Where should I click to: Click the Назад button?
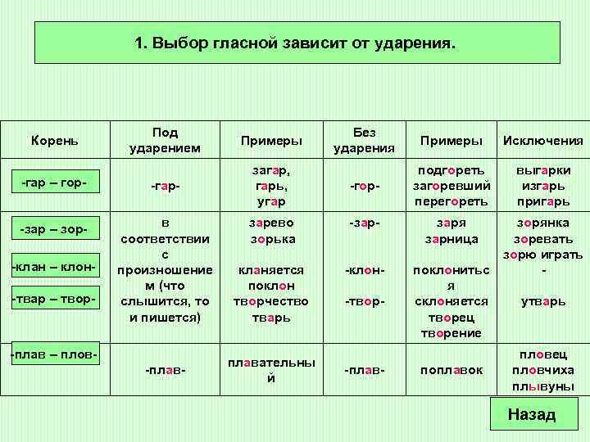click(x=531, y=414)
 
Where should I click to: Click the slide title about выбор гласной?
click(x=298, y=43)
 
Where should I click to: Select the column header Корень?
click(x=55, y=140)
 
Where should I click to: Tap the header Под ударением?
click(x=166, y=140)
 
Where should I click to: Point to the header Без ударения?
click(x=365, y=140)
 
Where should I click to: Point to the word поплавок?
click(x=452, y=371)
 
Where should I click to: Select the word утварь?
click(x=543, y=301)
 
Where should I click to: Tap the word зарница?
click(x=452, y=240)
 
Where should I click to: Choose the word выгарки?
click(x=543, y=170)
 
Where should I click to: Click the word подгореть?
click(x=452, y=170)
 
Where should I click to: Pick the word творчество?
click(x=271, y=301)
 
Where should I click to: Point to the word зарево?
click(x=271, y=223)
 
